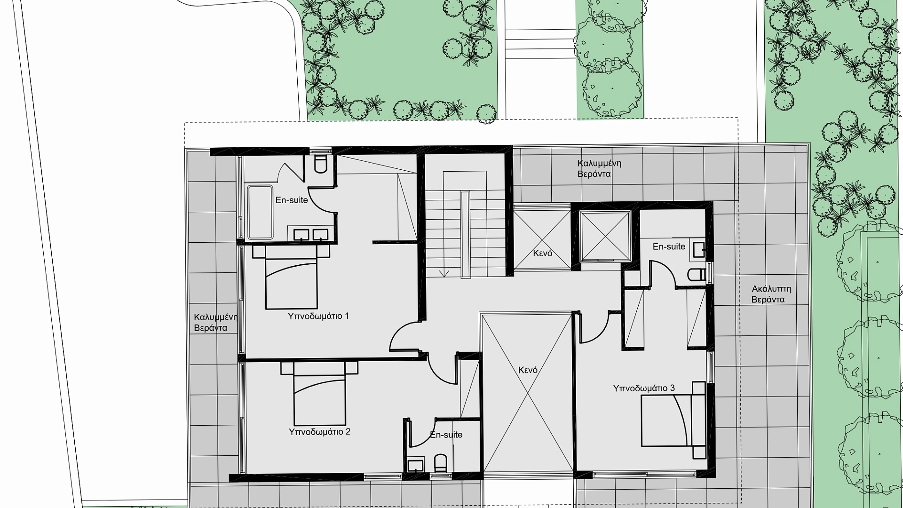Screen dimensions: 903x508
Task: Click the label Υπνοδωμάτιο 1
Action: click(318, 316)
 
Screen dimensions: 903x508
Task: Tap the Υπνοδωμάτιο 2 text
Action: click(320, 432)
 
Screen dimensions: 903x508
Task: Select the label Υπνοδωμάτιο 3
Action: click(644, 389)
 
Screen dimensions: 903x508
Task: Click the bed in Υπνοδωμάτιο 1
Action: click(291, 278)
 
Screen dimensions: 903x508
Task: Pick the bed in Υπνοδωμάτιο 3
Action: click(674, 420)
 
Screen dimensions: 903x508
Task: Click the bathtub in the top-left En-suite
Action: click(260, 212)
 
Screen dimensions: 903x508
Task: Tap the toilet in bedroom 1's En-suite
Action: click(320, 164)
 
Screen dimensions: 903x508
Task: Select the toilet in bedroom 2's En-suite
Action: click(441, 463)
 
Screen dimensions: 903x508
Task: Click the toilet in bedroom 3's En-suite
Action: click(697, 274)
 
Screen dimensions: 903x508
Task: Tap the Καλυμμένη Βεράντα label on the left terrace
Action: click(215, 322)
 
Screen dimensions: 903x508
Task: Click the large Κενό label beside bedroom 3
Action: click(528, 370)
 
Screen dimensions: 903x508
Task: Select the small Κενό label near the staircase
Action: click(542, 253)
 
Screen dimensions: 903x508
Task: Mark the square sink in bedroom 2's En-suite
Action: click(416, 466)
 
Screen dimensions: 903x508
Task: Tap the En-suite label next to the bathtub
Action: click(292, 200)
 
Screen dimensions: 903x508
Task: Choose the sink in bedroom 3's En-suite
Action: click(698, 250)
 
